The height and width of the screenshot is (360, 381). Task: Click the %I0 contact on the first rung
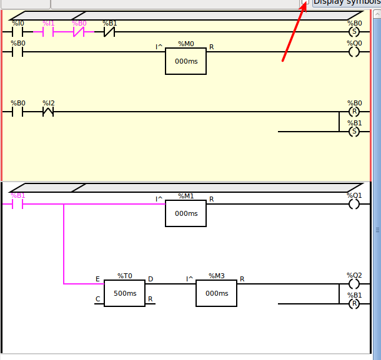point(17,32)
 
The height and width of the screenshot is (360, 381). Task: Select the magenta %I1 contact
point(48,32)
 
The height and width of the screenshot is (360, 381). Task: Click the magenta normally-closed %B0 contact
point(79,32)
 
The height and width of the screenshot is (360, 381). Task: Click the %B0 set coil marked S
point(354,32)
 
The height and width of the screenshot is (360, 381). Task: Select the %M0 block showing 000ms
point(186,61)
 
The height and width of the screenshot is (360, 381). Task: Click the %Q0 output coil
point(354,52)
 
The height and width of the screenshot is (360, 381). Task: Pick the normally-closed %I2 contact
point(48,112)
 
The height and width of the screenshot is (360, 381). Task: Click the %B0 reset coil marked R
point(354,112)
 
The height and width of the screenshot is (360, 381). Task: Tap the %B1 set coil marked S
point(354,132)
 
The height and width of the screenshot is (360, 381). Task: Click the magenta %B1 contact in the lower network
point(17,204)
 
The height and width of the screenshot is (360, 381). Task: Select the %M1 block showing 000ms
point(186,213)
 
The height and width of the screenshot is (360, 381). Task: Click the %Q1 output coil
point(354,204)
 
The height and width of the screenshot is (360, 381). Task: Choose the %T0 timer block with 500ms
point(124,293)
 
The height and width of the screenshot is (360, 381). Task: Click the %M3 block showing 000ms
point(216,293)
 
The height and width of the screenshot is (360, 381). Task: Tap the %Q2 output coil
point(354,284)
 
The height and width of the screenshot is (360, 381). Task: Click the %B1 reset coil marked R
point(354,304)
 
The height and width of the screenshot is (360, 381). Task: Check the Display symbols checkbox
point(305,2)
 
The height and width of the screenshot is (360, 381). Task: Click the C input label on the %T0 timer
point(97,299)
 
